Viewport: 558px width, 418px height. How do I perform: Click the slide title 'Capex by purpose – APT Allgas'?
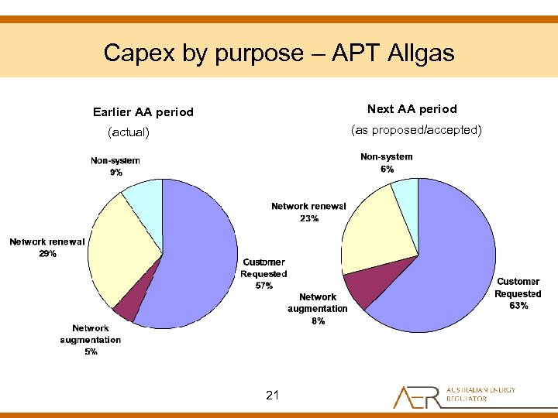tap(278, 53)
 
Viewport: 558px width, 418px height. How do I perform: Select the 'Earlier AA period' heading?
tap(143, 112)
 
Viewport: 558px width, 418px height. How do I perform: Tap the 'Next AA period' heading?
tap(412, 109)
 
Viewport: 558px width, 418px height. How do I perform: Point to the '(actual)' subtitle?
tap(128, 132)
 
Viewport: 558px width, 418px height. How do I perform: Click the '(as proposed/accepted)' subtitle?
tap(416, 130)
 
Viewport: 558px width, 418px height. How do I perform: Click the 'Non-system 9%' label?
tap(115, 166)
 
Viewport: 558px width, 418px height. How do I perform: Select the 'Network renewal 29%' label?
tap(47, 248)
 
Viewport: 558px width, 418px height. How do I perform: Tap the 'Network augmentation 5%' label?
tap(91, 340)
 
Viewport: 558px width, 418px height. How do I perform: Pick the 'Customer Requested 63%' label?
tap(518, 293)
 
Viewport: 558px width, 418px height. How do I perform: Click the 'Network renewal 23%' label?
tap(308, 212)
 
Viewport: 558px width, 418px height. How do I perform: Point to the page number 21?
tap(272, 396)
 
